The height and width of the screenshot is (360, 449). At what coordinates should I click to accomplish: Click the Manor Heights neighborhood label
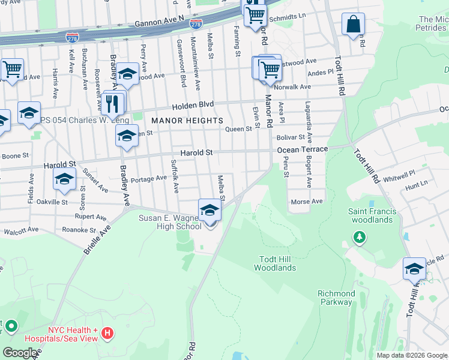(x=187, y=121)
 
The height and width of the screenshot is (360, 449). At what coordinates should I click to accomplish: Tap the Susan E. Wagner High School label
(x=170, y=222)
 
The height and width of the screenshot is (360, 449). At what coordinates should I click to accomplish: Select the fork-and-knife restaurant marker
(x=114, y=103)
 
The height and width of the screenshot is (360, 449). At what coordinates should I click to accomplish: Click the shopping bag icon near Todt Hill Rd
(x=354, y=25)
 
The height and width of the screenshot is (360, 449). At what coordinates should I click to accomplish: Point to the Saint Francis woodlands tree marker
(x=360, y=238)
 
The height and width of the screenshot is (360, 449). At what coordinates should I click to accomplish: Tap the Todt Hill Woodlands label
(x=277, y=263)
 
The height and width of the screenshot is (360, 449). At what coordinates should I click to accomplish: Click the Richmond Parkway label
(x=335, y=298)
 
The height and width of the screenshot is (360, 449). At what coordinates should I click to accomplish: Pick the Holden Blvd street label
(x=193, y=104)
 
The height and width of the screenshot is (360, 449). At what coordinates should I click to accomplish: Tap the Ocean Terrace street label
(x=303, y=149)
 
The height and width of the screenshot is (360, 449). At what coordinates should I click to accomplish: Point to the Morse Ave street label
(x=306, y=202)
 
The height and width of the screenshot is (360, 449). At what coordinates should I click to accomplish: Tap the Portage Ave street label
(x=149, y=179)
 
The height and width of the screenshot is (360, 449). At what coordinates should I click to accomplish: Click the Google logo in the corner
(x=20, y=353)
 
